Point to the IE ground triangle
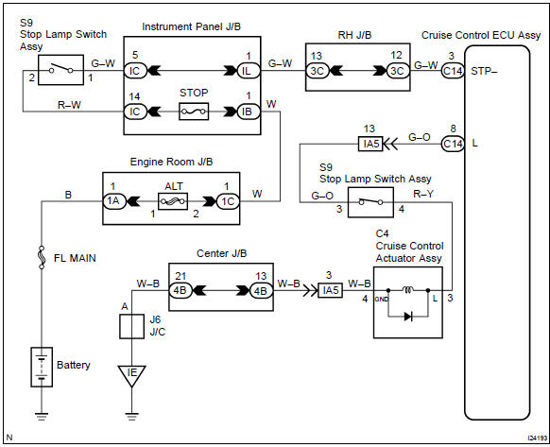point(130,375)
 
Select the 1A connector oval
point(115,200)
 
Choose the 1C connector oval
point(227,200)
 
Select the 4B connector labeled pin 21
point(181,290)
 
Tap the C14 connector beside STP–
point(454,70)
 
